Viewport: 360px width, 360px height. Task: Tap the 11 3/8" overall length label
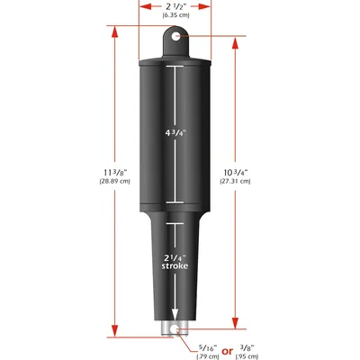(116, 171)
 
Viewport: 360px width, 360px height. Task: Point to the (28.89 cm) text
(116, 182)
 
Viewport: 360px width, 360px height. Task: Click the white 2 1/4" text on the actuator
(175, 256)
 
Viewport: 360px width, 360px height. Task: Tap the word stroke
(175, 267)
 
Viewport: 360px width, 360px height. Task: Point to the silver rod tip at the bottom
(175, 330)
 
